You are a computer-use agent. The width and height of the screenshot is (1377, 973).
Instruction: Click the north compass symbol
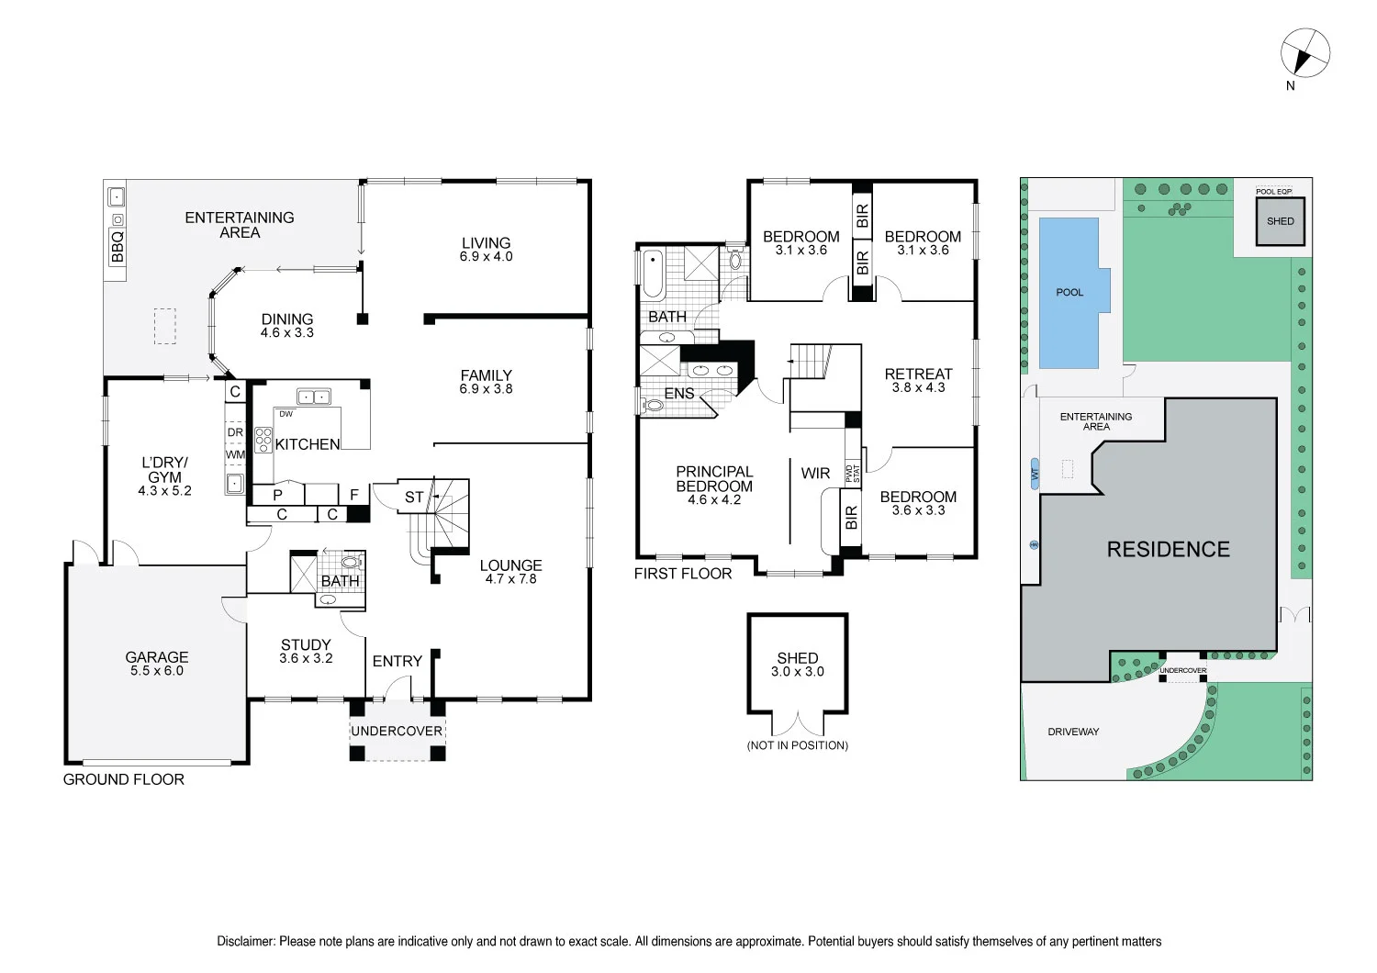1304,51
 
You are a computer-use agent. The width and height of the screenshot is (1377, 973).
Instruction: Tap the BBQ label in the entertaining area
118,247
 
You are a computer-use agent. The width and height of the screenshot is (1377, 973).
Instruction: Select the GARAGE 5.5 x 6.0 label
157,664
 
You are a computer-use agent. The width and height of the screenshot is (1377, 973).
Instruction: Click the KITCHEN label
308,444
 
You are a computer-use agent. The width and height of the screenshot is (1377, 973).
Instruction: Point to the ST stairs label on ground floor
414,498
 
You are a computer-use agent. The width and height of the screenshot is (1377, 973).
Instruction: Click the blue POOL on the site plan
1069,293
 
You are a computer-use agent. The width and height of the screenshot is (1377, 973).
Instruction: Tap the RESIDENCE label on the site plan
1168,550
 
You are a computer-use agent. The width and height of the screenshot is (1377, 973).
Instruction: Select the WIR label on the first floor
815,474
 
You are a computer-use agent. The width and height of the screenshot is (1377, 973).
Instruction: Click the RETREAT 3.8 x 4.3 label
918,380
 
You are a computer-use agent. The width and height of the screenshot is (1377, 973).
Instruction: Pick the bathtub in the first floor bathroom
653,273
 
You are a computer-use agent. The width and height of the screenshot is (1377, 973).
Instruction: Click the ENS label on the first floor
679,394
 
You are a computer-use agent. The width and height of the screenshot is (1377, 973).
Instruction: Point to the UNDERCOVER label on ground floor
397,731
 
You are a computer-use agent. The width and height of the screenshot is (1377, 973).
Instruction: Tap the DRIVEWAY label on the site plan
1073,732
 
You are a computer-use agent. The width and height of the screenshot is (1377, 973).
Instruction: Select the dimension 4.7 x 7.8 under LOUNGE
510,579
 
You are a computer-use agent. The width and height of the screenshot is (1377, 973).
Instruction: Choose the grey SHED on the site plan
1280,222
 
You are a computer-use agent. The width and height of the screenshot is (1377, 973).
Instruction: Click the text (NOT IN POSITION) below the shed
797,745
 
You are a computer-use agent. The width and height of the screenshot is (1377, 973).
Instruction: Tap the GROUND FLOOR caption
124,779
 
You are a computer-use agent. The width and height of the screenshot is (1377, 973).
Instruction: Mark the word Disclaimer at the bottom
245,941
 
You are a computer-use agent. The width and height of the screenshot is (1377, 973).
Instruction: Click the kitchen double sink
314,397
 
